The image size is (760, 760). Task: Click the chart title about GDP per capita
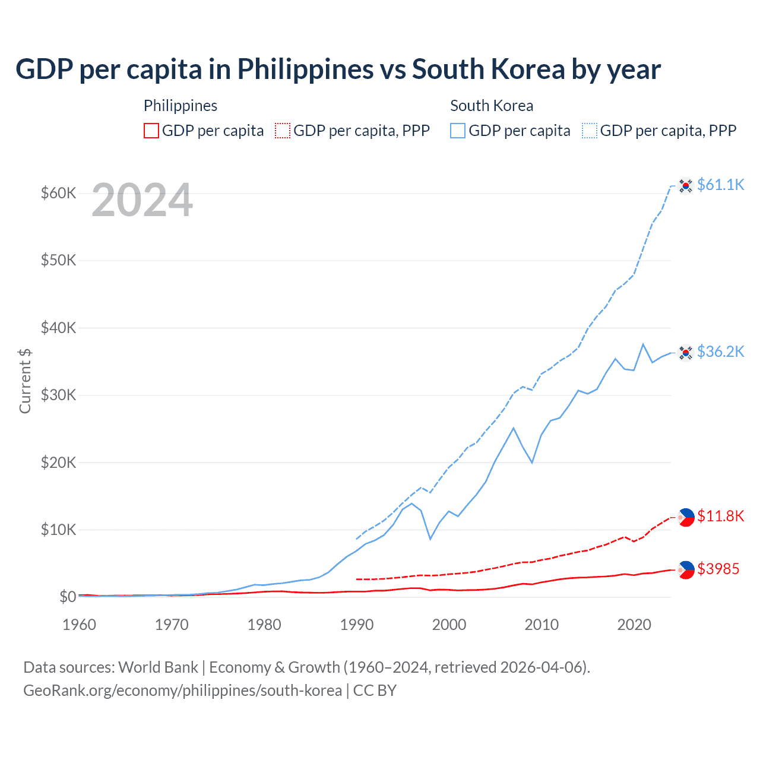tap(338, 69)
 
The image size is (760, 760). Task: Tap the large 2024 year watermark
tap(142, 201)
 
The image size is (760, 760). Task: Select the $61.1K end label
tap(720, 185)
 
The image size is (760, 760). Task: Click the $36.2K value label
tap(720, 351)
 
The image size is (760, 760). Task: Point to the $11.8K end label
tap(720, 516)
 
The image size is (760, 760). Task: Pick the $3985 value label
tap(718, 569)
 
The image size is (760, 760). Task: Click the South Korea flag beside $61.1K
tap(686, 186)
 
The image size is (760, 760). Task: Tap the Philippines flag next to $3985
tap(686, 569)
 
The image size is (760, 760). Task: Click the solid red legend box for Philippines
tap(151, 131)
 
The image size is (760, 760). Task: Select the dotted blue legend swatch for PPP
tap(590, 131)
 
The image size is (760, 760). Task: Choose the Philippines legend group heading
tap(180, 106)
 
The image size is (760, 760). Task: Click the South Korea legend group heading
tap(492, 106)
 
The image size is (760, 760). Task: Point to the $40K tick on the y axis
tap(58, 328)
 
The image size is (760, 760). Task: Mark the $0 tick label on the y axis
tap(68, 597)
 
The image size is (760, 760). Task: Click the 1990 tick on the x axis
tap(357, 625)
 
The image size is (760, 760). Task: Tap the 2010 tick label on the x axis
tap(541, 625)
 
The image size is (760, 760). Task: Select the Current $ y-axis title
tap(25, 381)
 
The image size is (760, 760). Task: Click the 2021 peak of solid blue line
tap(643, 344)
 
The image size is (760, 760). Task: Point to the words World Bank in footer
tap(158, 667)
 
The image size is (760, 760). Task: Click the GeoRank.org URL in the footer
tap(182, 691)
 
